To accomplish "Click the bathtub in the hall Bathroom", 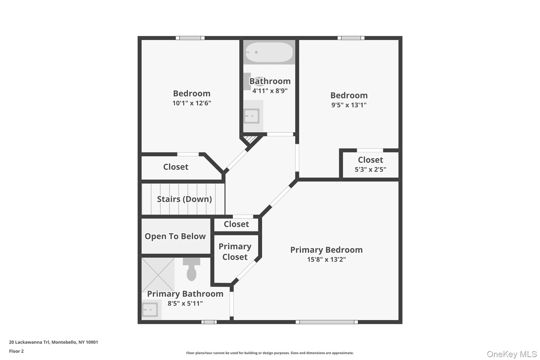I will coord(269,52).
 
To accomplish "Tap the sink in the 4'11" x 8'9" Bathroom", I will coord(252,116).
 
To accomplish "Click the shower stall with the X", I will coord(158,275).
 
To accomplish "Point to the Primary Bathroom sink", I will coord(150,310).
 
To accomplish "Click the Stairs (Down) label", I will coord(184,199).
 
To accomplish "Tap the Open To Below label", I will coord(175,236).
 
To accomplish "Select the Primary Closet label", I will coord(235,252).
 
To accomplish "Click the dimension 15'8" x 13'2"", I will coord(326,260).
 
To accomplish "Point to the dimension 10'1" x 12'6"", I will coord(192,103).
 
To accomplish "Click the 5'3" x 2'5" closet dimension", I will coord(370,170).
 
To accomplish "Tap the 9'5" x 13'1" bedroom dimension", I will coord(349,105).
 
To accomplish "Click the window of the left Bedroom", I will coord(190,38).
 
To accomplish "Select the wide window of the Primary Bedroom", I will coord(327,322).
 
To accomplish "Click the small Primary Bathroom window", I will coord(209,322).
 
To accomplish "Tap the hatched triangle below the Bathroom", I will coord(250,139).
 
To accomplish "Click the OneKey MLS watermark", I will coord(512,354).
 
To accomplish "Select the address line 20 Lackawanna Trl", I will coord(54,342).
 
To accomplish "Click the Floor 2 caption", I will coord(16,351).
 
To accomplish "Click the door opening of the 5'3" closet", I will coord(370,150).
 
